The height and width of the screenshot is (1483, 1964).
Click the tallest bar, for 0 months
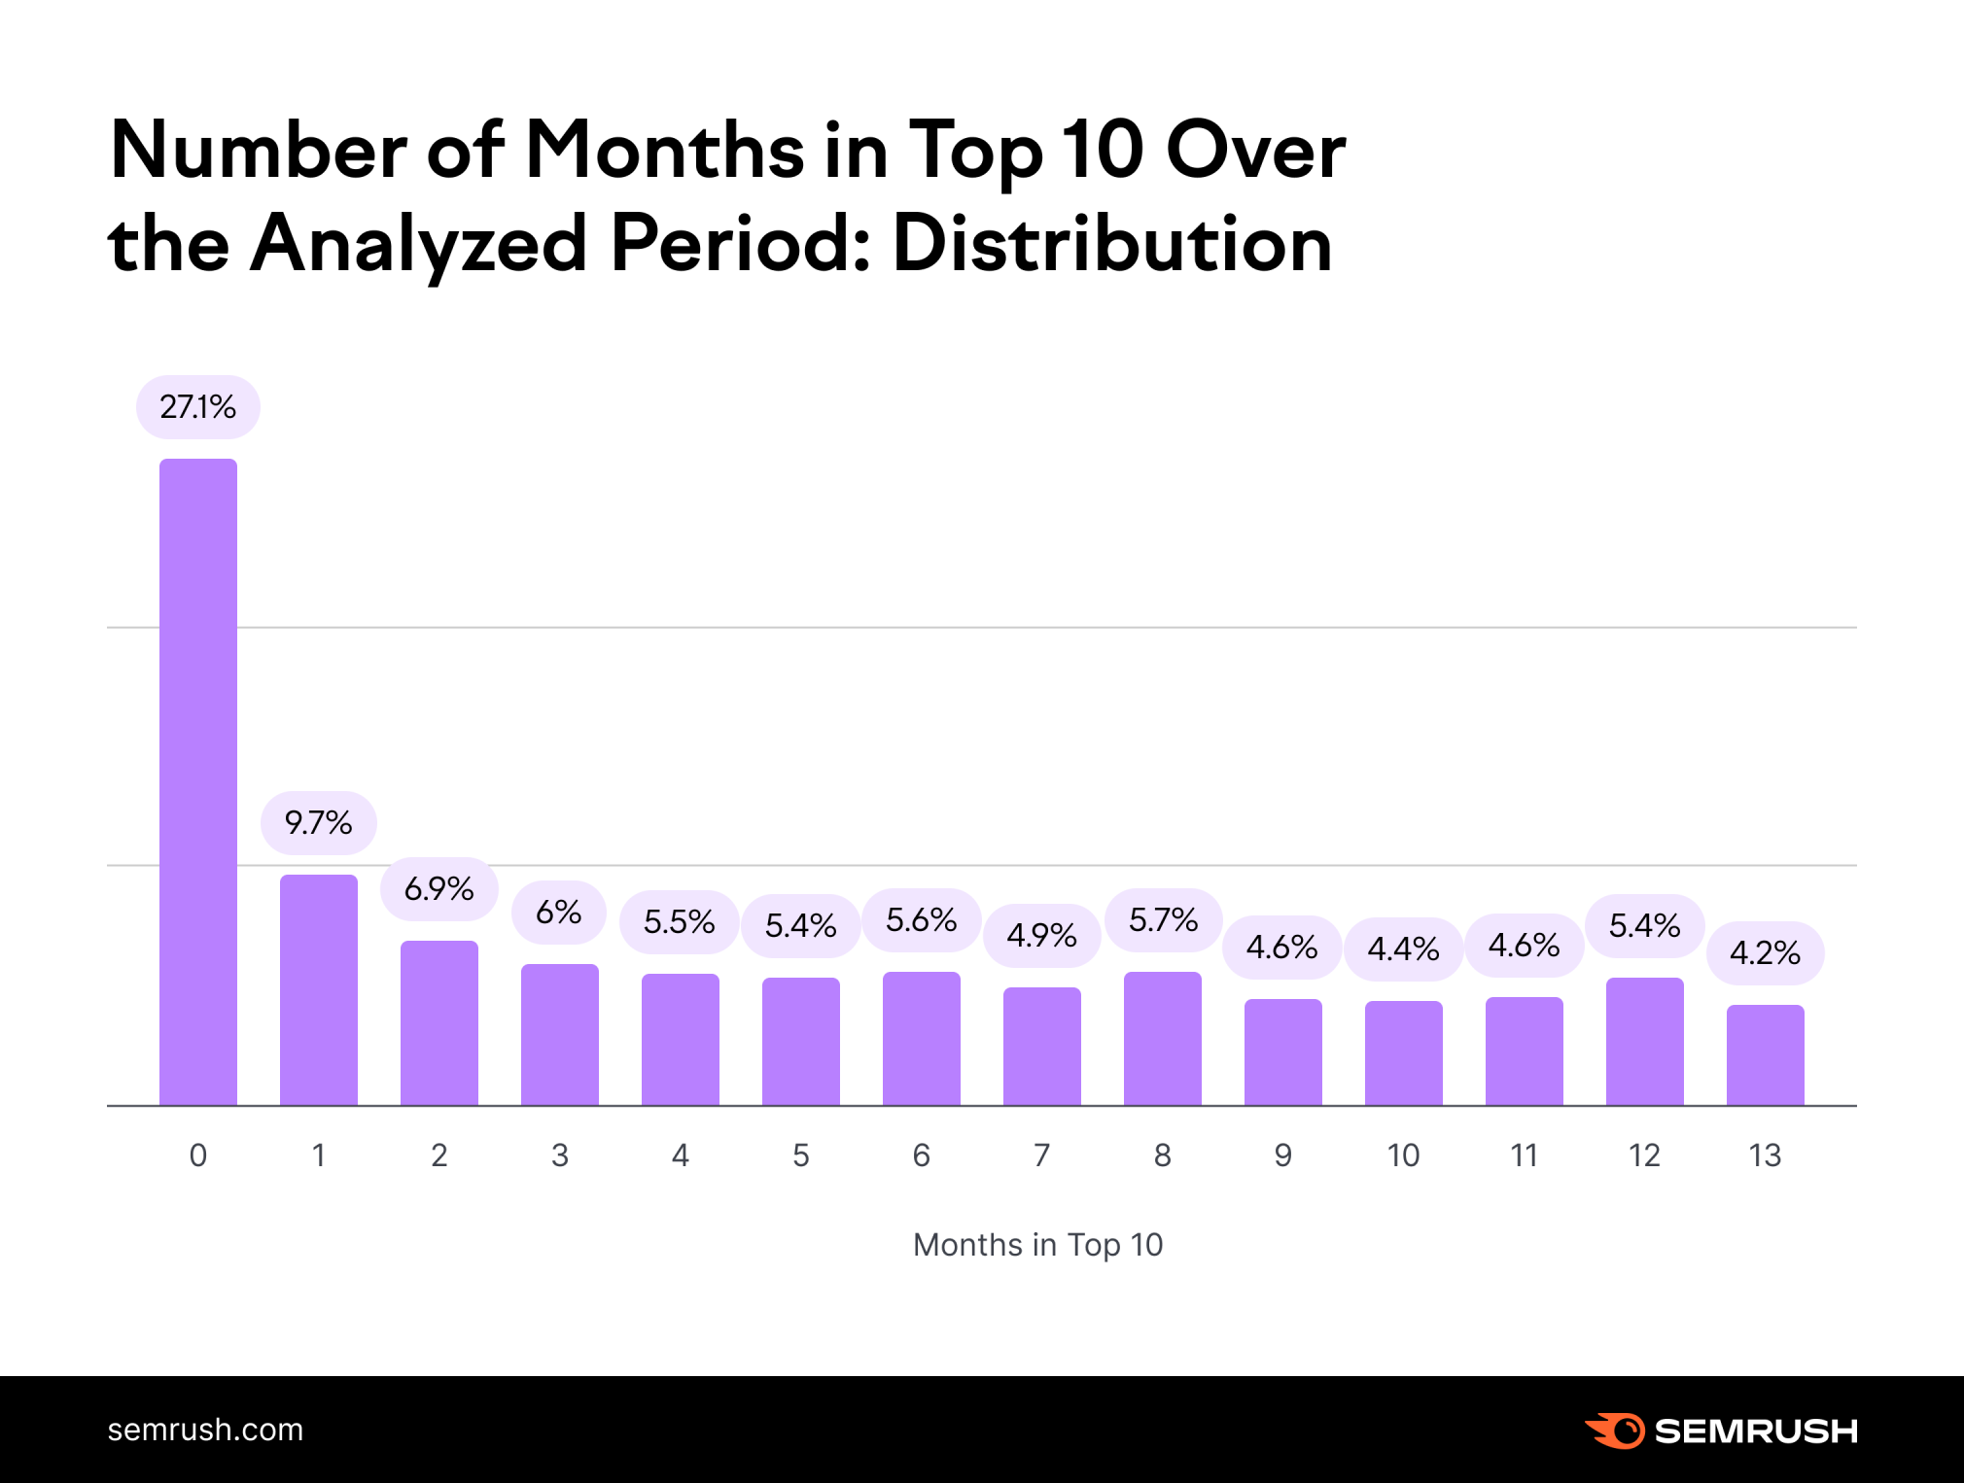198,782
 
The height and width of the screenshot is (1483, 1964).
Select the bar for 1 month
319,989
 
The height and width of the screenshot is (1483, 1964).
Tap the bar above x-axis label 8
1163,1038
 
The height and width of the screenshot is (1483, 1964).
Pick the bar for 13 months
1765,1054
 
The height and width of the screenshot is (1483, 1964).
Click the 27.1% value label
198,406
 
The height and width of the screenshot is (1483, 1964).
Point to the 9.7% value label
319,823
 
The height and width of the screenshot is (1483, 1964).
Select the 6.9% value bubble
439,888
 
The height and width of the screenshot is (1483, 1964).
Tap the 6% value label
559,913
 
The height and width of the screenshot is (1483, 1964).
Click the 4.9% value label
1041,935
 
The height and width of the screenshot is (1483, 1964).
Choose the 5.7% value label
1163,919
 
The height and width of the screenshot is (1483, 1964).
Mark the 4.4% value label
1403,948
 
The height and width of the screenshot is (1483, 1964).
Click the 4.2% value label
1765,952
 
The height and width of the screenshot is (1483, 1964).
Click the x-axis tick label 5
801,1155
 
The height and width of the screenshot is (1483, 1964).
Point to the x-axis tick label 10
1403,1155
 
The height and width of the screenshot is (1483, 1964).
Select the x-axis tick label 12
1644,1155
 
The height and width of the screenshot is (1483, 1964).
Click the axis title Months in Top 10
1037,1245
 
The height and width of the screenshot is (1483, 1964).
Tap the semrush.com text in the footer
205,1430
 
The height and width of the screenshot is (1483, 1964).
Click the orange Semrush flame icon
1615,1431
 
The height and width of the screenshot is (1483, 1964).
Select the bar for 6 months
922,1038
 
